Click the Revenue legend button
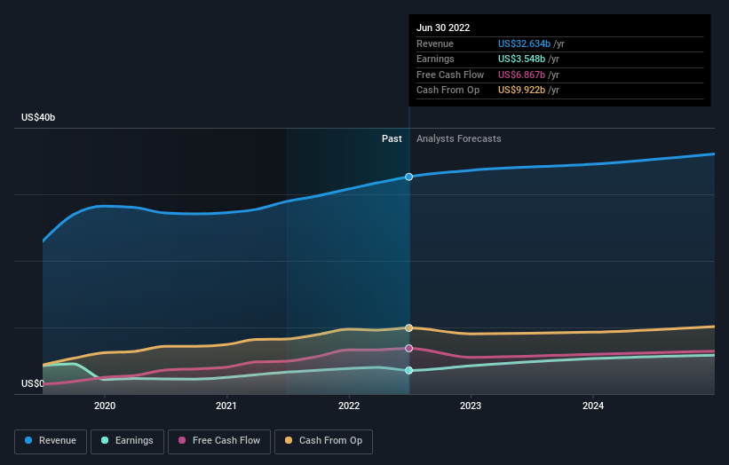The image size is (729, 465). (x=51, y=441)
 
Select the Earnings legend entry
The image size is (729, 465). (x=127, y=441)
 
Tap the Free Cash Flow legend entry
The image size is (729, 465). (x=219, y=441)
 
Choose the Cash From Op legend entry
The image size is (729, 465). (x=323, y=441)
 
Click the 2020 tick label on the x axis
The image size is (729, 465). (x=105, y=406)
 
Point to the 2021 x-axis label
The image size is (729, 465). (x=226, y=406)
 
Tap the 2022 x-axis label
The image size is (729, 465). (x=349, y=406)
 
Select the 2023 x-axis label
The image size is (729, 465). (x=471, y=406)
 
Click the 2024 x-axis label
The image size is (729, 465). (x=593, y=406)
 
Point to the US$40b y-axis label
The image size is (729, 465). (x=38, y=117)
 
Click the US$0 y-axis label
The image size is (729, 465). (x=33, y=383)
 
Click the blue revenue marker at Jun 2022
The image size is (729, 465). (x=408, y=177)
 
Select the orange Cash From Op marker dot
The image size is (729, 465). (x=408, y=328)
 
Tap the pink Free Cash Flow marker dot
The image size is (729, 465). (x=408, y=349)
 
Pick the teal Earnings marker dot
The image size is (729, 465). (x=408, y=370)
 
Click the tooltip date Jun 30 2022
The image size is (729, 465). (x=443, y=28)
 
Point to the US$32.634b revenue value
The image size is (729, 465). (x=524, y=43)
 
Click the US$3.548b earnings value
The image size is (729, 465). (x=521, y=59)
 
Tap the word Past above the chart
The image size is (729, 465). (x=392, y=138)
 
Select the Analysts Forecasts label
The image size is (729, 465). (x=459, y=138)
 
